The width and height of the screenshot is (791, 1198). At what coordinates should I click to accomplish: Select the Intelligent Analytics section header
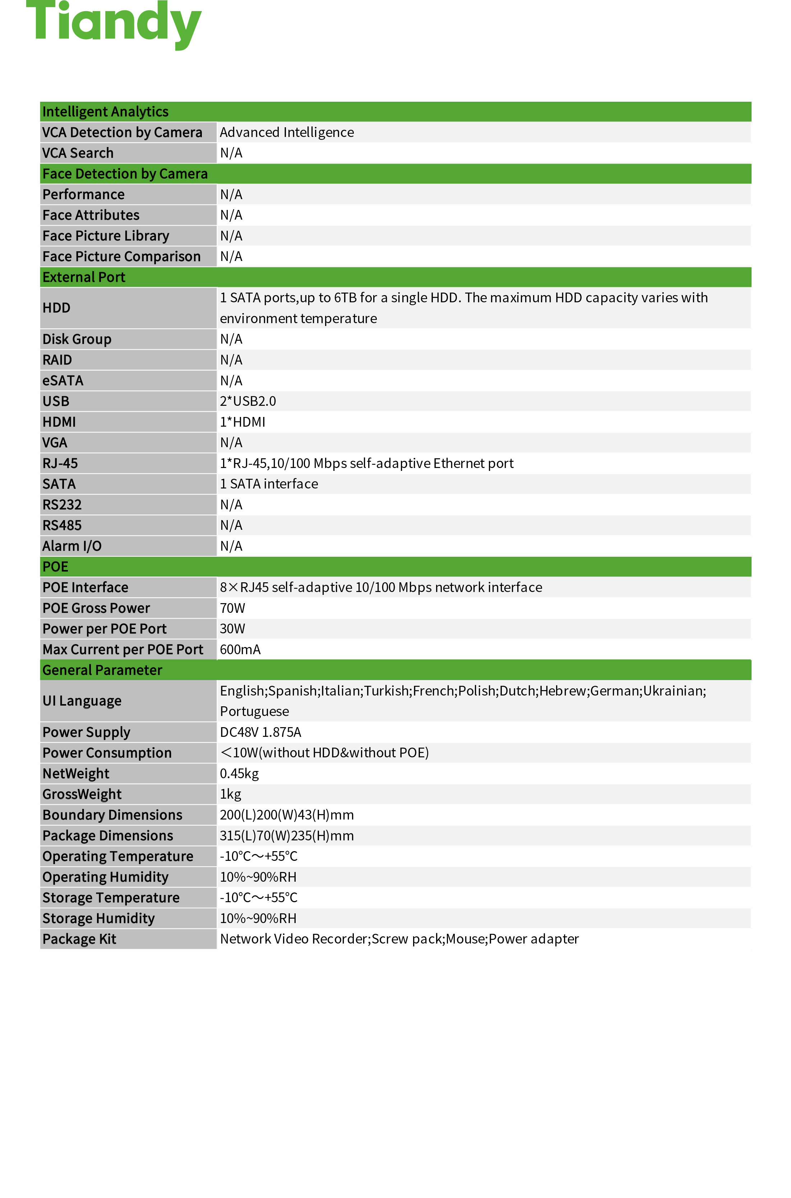pos(106,111)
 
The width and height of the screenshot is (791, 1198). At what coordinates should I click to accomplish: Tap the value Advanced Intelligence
pos(287,132)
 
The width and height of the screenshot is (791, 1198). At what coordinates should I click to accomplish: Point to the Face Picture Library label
pos(106,236)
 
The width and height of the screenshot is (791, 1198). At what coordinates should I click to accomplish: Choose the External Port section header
pos(84,277)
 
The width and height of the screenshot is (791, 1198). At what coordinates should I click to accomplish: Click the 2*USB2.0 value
pos(248,401)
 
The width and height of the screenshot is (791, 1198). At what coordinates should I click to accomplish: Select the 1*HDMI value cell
pos(242,422)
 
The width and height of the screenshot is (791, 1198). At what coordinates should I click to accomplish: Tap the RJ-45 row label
pos(60,463)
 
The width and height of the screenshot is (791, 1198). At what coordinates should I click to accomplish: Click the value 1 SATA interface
pos(269,484)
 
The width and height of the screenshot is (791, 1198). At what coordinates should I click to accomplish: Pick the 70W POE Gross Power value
pos(232,608)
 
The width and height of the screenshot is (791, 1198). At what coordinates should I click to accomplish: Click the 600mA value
pos(240,650)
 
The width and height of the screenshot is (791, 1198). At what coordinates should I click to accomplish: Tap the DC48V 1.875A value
pos(260,732)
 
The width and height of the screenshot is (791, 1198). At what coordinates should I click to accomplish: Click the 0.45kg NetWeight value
pos(239,774)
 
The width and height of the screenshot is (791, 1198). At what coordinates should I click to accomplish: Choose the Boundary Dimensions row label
pos(112,815)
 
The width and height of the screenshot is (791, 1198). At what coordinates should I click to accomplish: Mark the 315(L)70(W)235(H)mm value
pos(287,836)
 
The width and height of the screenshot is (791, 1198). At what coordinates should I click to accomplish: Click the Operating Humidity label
pos(105,877)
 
